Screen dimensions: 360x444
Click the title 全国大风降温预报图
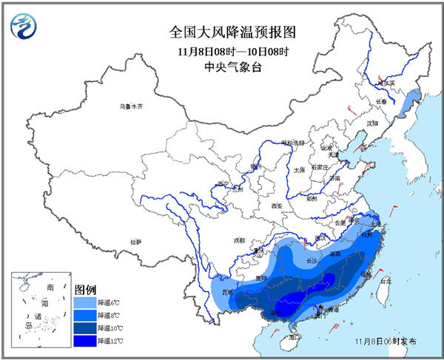click(223, 33)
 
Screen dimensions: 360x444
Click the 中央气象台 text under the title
click(223, 67)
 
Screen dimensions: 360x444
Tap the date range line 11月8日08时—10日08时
click(223, 51)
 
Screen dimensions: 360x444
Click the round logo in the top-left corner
click(24, 27)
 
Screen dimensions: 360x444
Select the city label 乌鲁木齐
click(129, 107)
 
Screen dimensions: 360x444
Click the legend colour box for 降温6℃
click(84, 302)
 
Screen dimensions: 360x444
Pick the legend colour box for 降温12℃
click(84, 340)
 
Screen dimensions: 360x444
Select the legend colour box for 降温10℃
click(84, 327)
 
